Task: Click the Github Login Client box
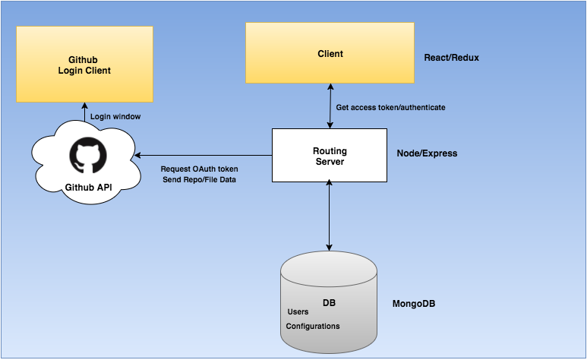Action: [84, 64]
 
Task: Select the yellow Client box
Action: [330, 53]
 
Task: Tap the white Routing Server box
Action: [330, 156]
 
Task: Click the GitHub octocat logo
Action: [88, 155]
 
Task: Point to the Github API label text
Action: [88, 188]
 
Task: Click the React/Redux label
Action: [452, 58]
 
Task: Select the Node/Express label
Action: [427, 153]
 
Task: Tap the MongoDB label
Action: [414, 304]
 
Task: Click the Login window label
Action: [115, 116]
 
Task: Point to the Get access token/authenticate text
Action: [390, 108]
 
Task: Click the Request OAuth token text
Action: [199, 169]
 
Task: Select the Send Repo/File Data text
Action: [199, 180]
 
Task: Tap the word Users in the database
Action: [298, 311]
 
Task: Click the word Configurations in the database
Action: [313, 327]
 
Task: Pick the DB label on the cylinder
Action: [329, 303]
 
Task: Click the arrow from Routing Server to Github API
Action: [204, 155]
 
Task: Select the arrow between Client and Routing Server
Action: [330, 106]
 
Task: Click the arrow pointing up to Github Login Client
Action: [84, 112]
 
